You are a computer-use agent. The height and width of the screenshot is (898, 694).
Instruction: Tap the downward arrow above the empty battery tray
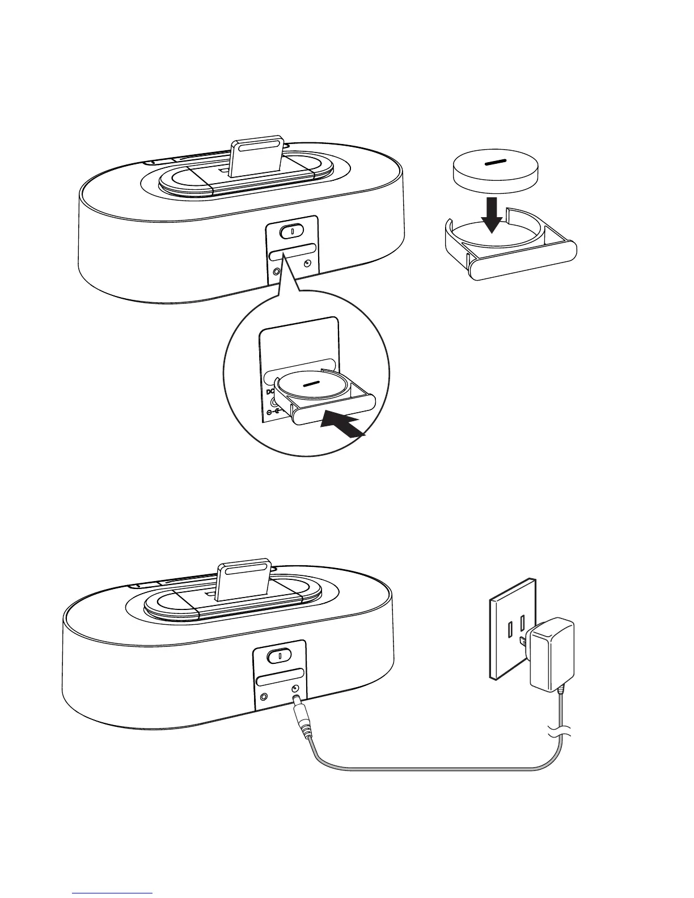[x=494, y=216]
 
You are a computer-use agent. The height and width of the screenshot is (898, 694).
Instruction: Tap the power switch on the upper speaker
[x=291, y=231]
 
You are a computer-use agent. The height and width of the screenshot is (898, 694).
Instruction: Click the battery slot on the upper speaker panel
[x=293, y=251]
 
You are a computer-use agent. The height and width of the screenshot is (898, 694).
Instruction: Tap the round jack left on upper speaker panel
[x=276, y=270]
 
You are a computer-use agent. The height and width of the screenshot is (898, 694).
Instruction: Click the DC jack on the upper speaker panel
[x=307, y=264]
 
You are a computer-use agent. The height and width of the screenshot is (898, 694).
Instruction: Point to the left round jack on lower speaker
[x=263, y=697]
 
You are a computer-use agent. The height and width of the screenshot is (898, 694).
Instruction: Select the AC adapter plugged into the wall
[x=549, y=653]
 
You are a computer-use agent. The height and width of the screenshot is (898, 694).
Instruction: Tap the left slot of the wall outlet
[x=511, y=630]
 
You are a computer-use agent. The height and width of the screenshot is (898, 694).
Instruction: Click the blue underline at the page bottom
[x=113, y=893]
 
